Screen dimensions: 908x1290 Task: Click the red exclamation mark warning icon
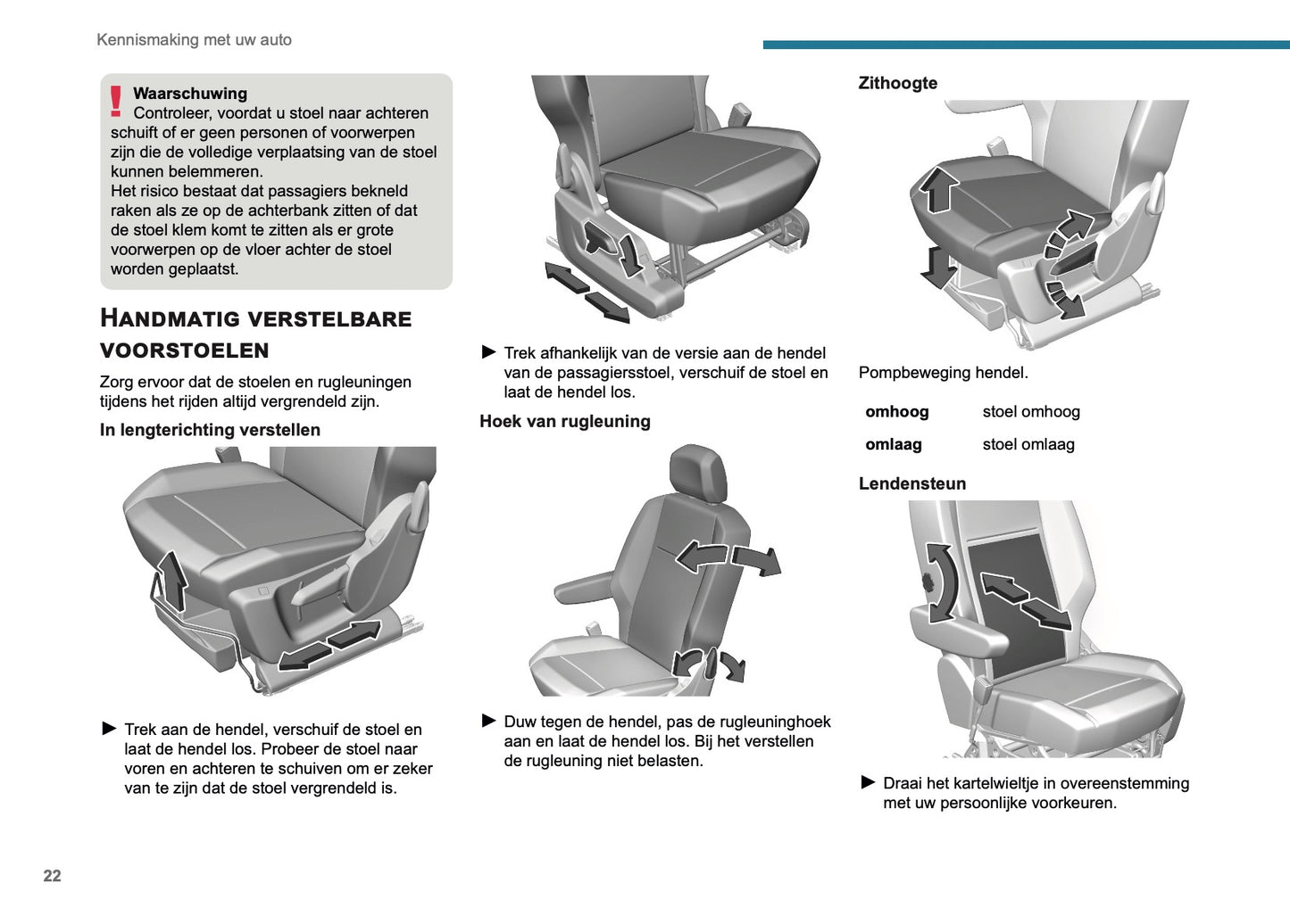coord(115,101)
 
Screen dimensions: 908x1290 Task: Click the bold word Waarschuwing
coord(190,94)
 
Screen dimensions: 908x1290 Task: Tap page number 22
coord(53,876)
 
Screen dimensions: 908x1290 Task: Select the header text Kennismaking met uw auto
coord(194,40)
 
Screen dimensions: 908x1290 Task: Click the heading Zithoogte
coord(897,83)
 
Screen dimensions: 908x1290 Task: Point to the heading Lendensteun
coord(911,483)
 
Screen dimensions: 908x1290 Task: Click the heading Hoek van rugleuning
coord(564,421)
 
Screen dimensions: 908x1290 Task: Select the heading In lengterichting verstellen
coord(210,430)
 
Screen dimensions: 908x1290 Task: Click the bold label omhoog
coord(896,411)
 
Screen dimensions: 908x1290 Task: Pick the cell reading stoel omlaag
coord(1028,444)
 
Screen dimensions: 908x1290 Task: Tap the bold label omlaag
coord(893,444)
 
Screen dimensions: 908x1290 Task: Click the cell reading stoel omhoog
coord(1030,411)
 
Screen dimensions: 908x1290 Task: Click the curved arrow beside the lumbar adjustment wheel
coord(940,582)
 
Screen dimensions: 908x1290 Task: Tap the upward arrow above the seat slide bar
coord(172,579)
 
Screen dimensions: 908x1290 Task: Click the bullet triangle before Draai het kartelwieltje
coord(868,782)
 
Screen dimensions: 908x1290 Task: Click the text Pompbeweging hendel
coord(943,373)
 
